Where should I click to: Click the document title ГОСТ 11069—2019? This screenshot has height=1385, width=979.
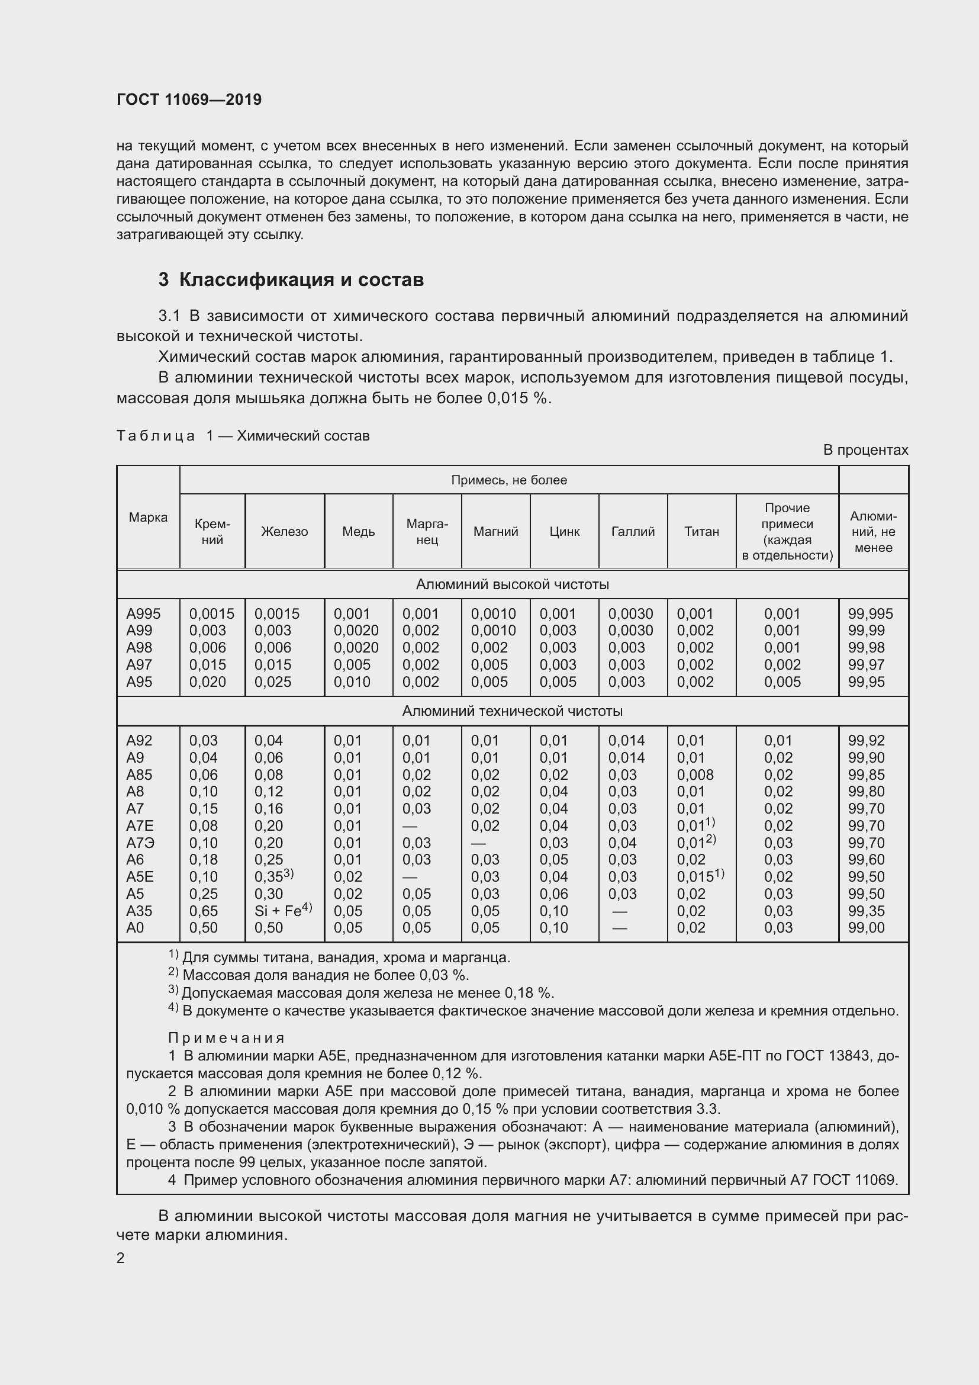point(189,99)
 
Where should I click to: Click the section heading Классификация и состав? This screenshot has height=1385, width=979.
point(291,280)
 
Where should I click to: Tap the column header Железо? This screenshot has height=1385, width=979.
point(284,531)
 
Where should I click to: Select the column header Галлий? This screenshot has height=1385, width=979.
point(632,531)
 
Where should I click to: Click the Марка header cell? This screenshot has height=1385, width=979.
point(148,517)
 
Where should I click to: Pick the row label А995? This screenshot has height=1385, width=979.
point(143,613)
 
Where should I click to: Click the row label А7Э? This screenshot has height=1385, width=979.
point(140,843)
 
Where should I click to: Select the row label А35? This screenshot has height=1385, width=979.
point(139,911)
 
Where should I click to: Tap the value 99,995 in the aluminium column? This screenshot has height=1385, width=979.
point(870,613)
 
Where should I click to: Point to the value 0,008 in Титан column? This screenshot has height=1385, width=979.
point(694,775)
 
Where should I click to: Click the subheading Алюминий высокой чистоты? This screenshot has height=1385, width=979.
point(512,584)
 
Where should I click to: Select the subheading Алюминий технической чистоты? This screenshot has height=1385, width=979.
point(512,711)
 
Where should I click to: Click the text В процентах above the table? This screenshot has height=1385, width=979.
point(865,450)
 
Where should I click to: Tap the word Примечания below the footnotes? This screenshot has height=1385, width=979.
point(226,1037)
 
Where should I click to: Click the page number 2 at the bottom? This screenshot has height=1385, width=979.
point(121,1258)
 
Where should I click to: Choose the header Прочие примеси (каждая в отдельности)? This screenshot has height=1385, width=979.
point(787,531)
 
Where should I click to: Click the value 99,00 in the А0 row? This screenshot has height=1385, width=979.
point(866,928)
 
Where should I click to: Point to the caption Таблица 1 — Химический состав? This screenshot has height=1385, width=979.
point(242,436)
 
